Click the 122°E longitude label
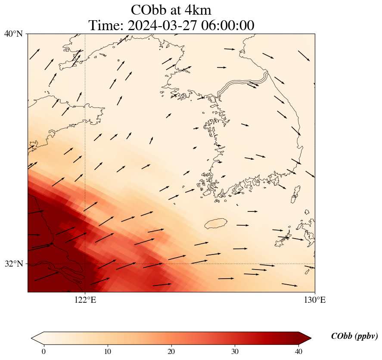pos(85,300)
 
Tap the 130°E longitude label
pos(315,300)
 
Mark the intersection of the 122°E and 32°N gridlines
pos(85,264)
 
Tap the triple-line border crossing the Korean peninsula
pos(243,84)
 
